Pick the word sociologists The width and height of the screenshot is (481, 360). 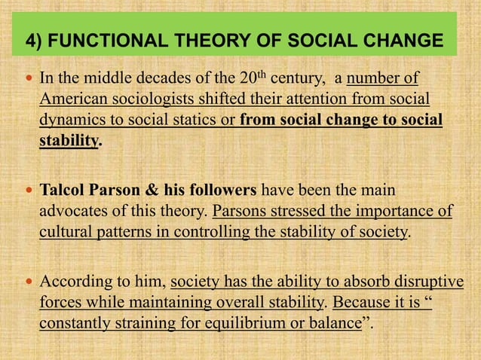pos(151,100)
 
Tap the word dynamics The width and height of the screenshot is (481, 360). pos(71,121)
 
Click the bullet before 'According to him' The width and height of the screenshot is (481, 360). pos(28,283)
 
